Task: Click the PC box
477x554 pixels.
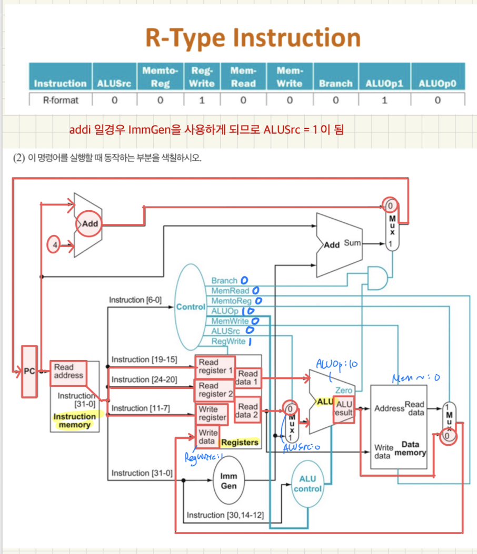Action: click(29, 371)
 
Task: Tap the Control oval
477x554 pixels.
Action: click(190, 306)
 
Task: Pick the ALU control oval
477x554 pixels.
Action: click(307, 484)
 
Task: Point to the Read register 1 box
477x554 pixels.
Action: click(214, 366)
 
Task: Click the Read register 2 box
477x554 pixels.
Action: click(214, 390)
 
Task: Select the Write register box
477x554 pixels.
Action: click(212, 414)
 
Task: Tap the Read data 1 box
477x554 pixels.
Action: click(248, 378)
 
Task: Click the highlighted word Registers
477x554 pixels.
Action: click(240, 442)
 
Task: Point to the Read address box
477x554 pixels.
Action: click(68, 371)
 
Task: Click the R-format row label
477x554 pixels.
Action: click(60, 100)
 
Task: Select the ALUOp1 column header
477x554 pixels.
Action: click(384, 84)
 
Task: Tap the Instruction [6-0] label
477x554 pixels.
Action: click(135, 300)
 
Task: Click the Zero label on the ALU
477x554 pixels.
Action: click(343, 391)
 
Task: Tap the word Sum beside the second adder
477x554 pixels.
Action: click(353, 243)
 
